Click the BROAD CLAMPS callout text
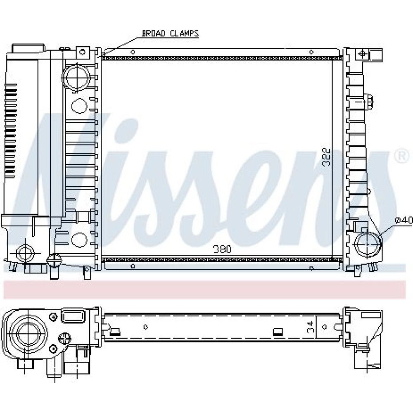pyautogui.click(x=171, y=33)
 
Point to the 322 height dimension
pyautogui.click(x=327, y=157)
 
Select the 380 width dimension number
pyautogui.click(x=222, y=249)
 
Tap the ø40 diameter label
pyautogui.click(x=404, y=220)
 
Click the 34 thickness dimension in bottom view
pyautogui.click(x=311, y=327)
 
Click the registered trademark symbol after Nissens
pyautogui.click(x=402, y=157)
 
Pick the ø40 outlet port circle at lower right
pyautogui.click(x=368, y=244)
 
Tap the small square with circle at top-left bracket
pyautogui.click(x=83, y=52)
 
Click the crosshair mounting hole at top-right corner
pyautogui.click(x=363, y=55)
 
